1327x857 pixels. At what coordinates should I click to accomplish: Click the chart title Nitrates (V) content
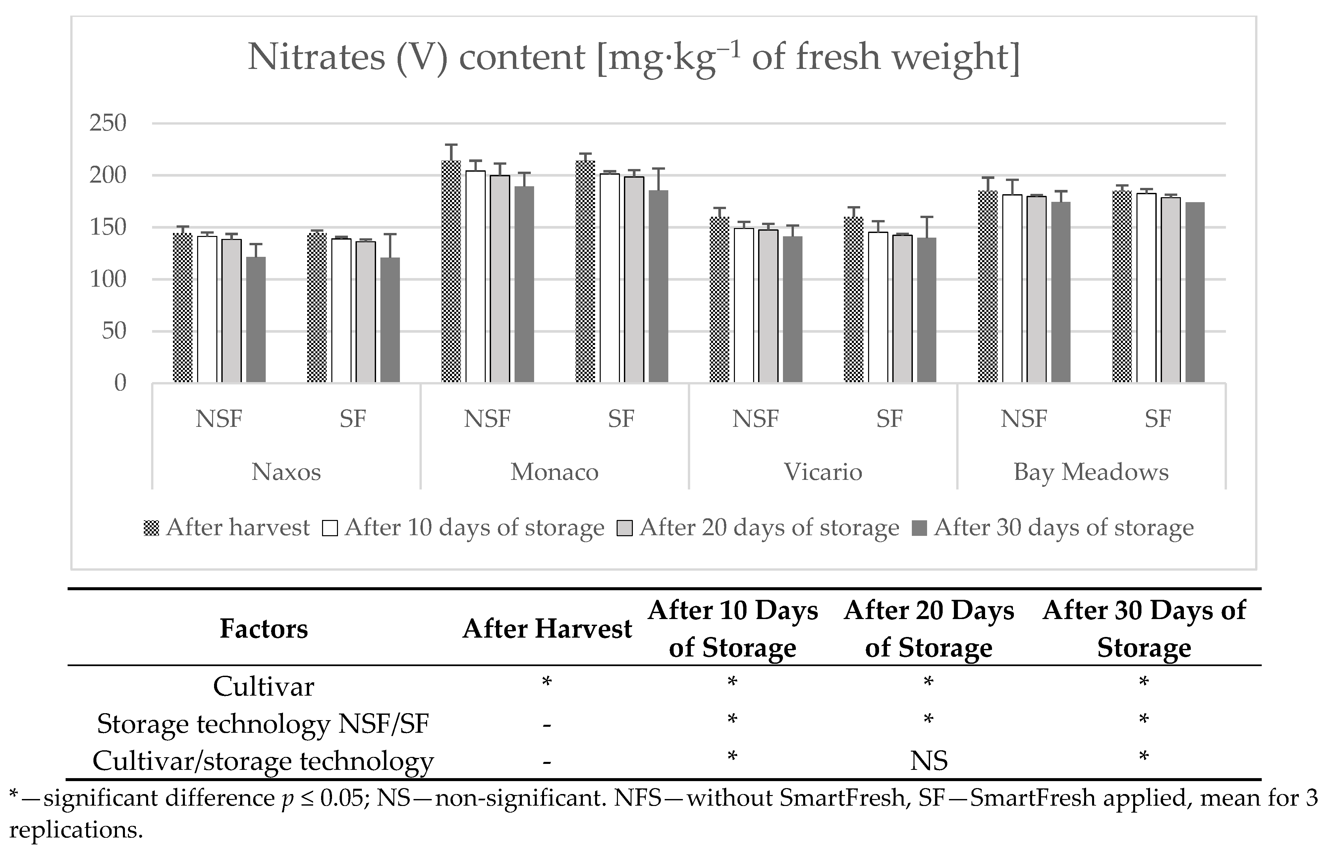tap(633, 57)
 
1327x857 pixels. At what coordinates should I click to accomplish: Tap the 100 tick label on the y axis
tap(108, 279)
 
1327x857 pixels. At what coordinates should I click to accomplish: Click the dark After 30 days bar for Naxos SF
tap(390, 320)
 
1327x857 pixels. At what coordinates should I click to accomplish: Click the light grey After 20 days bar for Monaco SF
tap(634, 279)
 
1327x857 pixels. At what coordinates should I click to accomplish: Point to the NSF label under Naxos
tap(219, 419)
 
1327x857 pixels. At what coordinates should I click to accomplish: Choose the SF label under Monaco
tap(621, 419)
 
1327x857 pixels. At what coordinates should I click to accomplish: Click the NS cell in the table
tap(929, 761)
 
